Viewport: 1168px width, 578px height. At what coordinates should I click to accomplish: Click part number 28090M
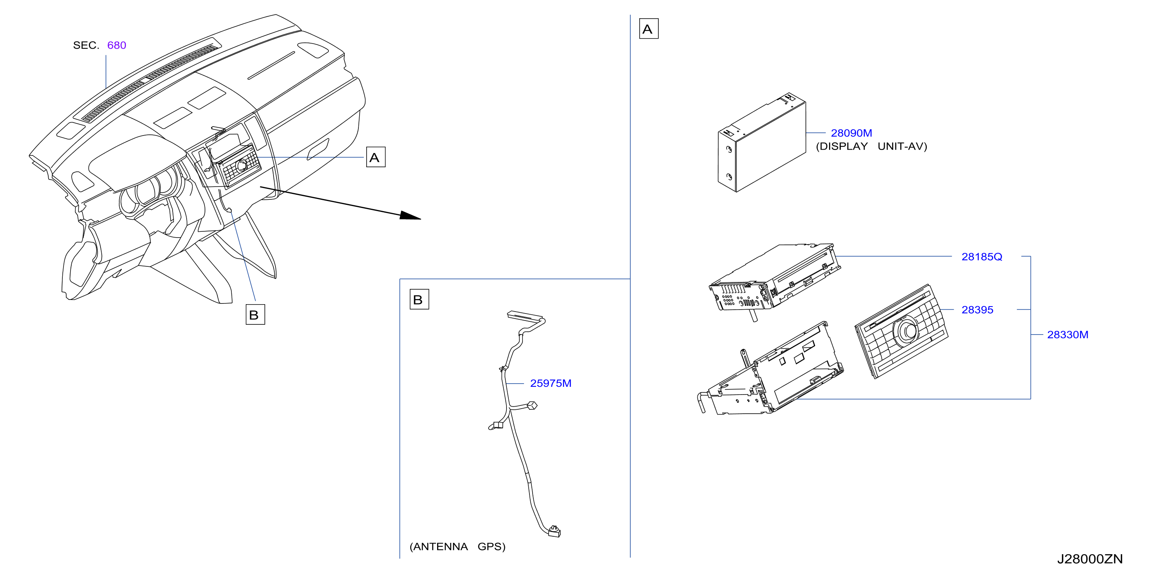pos(851,133)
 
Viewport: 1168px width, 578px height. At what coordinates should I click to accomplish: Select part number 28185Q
pos(982,257)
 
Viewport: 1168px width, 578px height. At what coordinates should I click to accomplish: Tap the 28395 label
pos(977,310)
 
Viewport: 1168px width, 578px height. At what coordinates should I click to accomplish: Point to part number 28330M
pos(1067,335)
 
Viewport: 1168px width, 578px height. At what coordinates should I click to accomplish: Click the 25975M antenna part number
pos(550,383)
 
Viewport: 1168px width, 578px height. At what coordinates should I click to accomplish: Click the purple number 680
pos(116,45)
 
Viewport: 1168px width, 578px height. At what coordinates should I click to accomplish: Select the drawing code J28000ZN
pos(1090,559)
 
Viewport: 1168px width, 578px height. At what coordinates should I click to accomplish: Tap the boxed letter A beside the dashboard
pos(376,157)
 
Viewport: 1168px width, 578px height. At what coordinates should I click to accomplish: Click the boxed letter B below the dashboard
pos(255,315)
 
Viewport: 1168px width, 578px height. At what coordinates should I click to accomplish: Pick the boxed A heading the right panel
pos(648,28)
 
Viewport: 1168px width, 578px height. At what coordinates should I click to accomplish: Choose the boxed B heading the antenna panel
pos(419,299)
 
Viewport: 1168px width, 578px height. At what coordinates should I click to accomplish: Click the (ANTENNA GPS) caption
pos(457,547)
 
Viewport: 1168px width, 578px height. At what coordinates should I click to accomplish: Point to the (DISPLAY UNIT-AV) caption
pos(872,146)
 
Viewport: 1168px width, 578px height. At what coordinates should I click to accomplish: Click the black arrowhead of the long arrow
pos(410,215)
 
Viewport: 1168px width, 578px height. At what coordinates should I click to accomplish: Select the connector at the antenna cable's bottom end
pos(554,531)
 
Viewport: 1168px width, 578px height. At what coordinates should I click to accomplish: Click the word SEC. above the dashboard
pos(86,45)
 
